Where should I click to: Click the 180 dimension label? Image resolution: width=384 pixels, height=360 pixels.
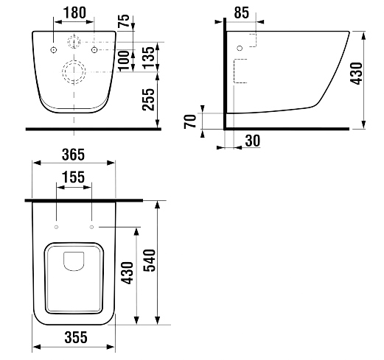pos(74,13)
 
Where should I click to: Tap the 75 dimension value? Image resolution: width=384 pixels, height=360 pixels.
pos(124,21)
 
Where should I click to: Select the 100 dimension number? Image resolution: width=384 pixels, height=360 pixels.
pos(124,60)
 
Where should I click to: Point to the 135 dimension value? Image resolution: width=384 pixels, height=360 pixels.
pos(148,57)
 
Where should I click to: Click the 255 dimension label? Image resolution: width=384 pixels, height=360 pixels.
pos(148,99)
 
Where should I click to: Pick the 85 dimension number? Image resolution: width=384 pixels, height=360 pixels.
pos(242,13)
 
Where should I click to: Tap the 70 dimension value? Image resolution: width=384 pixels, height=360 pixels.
pos(190,121)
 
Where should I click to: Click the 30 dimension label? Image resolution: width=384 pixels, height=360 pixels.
pos(253,141)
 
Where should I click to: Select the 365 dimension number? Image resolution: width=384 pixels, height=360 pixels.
pos(73,155)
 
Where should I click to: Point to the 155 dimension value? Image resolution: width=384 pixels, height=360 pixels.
pos(73,177)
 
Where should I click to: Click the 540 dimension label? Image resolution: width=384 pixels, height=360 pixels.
pos(150,261)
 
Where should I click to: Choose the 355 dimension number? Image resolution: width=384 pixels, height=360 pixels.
pos(76,337)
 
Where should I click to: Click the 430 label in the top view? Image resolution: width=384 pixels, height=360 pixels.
pos(128,273)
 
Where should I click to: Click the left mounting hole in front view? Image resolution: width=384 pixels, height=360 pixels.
pos(54,50)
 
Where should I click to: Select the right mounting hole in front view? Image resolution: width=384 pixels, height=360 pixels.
pos(94,50)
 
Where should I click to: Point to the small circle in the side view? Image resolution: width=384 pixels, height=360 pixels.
pos(240,48)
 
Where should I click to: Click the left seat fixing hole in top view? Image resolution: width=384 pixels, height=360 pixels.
pos(56,227)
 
